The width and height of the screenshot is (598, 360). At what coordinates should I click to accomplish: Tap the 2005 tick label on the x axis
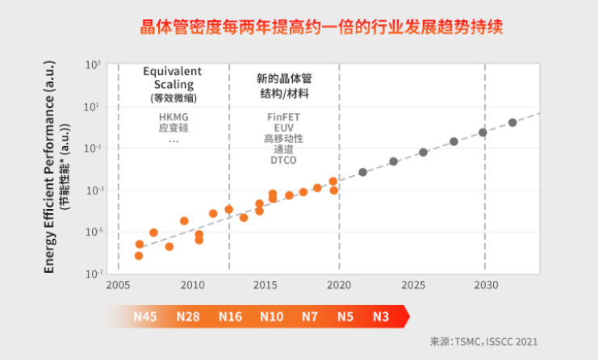pyautogui.click(x=119, y=285)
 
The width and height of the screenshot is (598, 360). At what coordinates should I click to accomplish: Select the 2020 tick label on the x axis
pyautogui.click(x=339, y=285)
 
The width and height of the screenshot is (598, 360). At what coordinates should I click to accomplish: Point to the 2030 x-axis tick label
pyautogui.click(x=485, y=285)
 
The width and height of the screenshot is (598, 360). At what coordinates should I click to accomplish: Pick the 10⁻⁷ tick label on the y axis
pyautogui.click(x=93, y=274)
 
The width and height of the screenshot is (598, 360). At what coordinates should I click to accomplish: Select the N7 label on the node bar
pyautogui.click(x=310, y=316)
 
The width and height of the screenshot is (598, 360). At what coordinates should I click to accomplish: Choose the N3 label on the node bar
pyautogui.click(x=381, y=316)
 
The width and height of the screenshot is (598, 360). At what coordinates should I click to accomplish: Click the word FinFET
pyautogui.click(x=283, y=116)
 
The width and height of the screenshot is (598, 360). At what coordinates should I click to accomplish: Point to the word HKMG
pyautogui.click(x=173, y=116)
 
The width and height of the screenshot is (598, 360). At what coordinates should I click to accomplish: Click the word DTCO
pyautogui.click(x=283, y=160)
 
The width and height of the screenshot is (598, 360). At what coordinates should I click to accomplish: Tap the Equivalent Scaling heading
pyautogui.click(x=173, y=77)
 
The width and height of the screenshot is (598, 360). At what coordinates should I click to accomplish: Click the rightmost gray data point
pyautogui.click(x=512, y=123)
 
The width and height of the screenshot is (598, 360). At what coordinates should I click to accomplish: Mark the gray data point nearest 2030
pyautogui.click(x=483, y=132)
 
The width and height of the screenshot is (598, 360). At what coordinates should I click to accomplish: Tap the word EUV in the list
pyautogui.click(x=283, y=128)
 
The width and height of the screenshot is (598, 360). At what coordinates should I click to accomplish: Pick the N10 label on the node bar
pyautogui.click(x=271, y=316)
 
